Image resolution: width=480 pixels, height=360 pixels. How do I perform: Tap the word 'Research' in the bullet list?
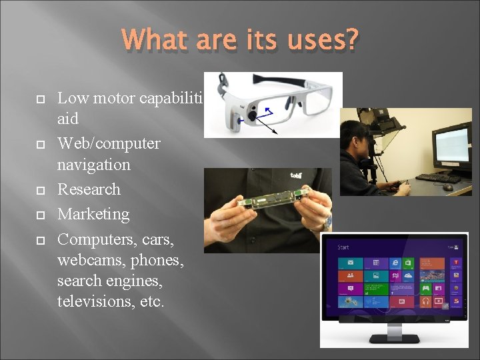[x=89, y=189]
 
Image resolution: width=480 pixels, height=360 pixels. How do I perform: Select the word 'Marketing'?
[x=93, y=214]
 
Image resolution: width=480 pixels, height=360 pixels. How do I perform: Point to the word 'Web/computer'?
[x=109, y=143]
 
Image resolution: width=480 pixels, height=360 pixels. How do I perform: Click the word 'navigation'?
[x=94, y=164]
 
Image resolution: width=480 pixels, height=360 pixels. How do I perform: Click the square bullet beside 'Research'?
[x=39, y=190]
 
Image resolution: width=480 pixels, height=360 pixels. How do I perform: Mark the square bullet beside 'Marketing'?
[x=39, y=215]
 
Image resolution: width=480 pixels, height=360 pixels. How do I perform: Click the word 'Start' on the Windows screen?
[x=343, y=247]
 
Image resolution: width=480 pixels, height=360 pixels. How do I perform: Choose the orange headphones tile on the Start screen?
[x=425, y=302]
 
